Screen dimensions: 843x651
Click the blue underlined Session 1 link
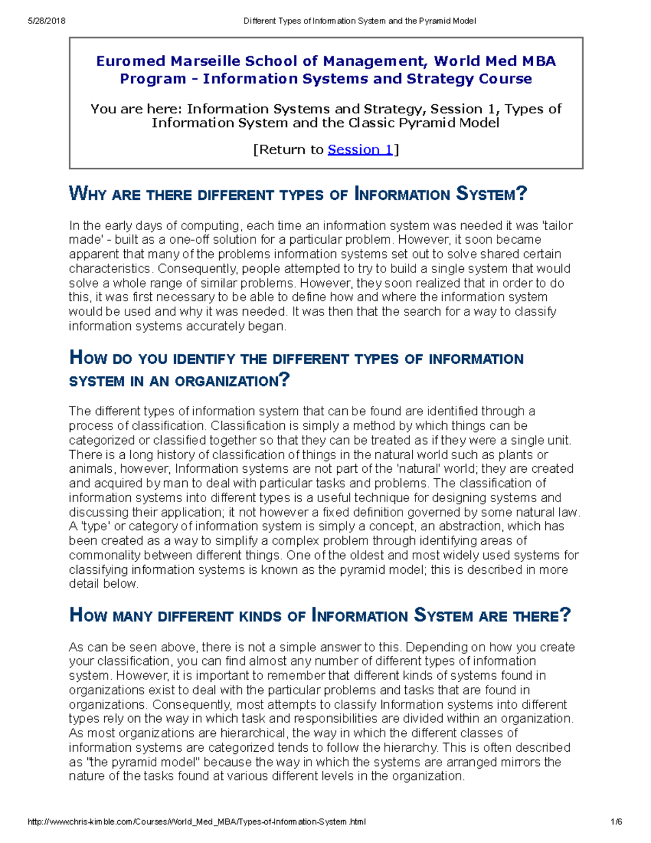click(x=360, y=150)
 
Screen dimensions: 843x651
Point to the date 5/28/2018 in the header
click(x=46, y=21)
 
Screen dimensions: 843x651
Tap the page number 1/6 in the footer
click(x=616, y=822)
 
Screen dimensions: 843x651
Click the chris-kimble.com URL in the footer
click(x=196, y=822)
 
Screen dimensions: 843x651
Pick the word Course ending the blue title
click(x=505, y=79)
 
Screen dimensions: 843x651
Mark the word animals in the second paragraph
click(x=91, y=469)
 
